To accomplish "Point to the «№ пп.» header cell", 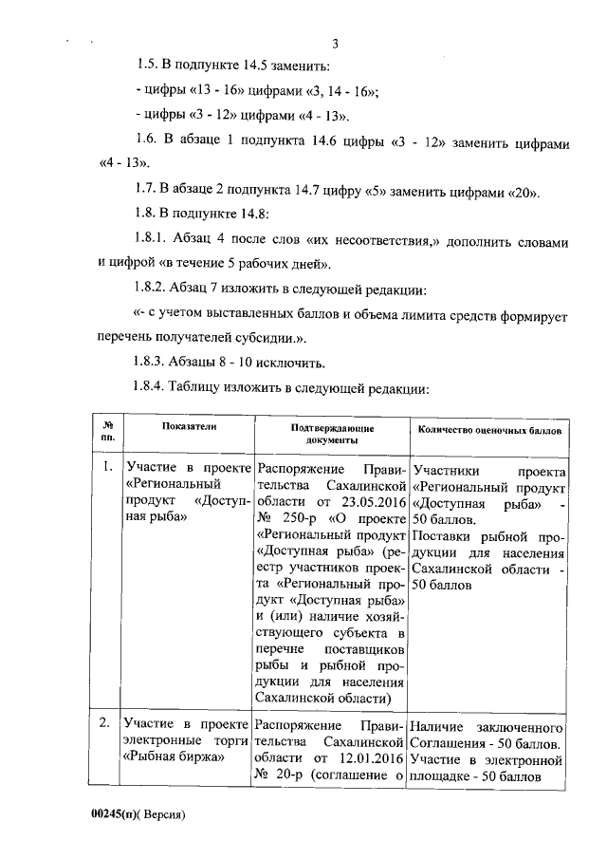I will pos(108,435).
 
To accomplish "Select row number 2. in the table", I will pos(107,724).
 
